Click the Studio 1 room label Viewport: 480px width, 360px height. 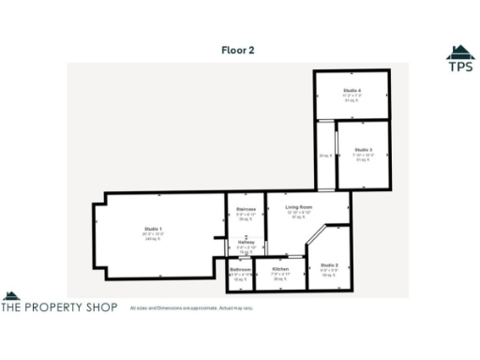(x=153, y=230)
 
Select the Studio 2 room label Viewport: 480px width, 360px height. (x=329, y=266)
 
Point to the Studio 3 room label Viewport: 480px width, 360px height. (x=364, y=150)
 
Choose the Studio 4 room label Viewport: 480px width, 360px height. (x=352, y=90)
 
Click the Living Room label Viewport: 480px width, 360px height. (x=299, y=206)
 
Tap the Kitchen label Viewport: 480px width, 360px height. (x=280, y=269)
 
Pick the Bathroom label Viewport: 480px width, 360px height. (x=241, y=269)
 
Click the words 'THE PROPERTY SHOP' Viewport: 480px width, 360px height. (x=59, y=307)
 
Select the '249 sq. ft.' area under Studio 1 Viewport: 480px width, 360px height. (x=153, y=239)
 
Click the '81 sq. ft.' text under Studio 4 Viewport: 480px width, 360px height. (x=352, y=100)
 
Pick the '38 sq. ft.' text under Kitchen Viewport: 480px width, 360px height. (x=280, y=279)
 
